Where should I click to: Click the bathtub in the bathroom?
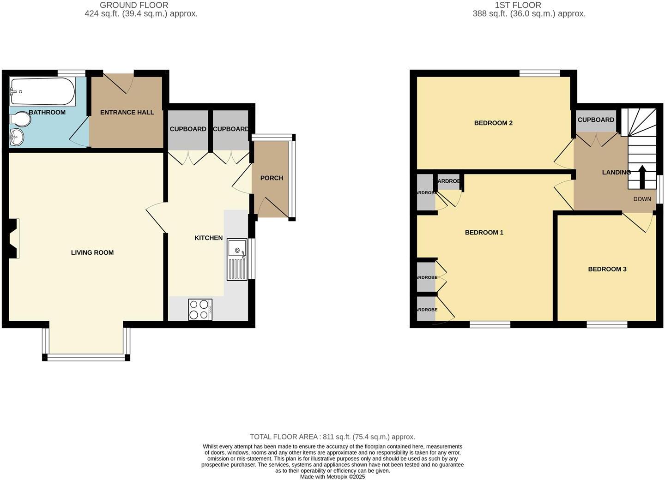(42, 91)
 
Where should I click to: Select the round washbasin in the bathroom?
(17, 137)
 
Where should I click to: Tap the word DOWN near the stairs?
(642, 199)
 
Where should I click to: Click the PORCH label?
(272, 178)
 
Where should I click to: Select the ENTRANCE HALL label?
(127, 112)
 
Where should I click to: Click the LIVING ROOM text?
(92, 252)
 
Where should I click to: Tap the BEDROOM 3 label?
(607, 269)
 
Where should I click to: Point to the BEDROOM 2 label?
(493, 123)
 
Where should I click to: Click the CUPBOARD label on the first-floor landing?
(596, 120)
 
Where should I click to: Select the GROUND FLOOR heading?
(134, 5)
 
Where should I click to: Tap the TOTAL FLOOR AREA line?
(332, 437)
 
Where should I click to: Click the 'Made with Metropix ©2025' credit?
(332, 477)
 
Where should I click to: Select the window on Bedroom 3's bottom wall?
(607, 324)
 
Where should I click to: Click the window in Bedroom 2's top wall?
(539, 73)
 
